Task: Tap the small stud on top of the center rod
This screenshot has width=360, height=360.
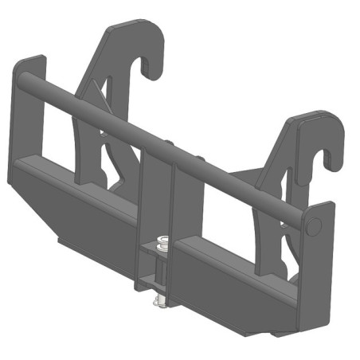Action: [170, 143]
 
